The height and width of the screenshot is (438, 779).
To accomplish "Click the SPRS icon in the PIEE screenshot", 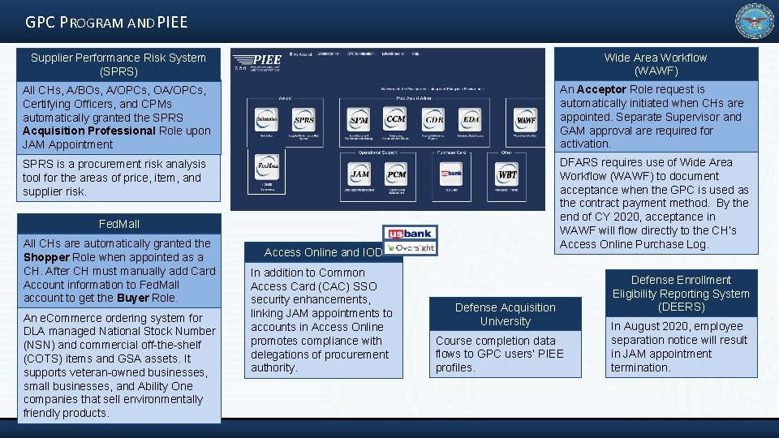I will [304, 119].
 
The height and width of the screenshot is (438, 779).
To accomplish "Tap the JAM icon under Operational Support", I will [359, 174].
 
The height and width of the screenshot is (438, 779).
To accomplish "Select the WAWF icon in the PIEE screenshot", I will [527, 120].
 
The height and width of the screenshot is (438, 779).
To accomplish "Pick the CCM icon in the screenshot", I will [396, 119].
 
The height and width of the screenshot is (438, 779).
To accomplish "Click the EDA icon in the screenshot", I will [471, 120].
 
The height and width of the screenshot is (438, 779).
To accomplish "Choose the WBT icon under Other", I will [507, 174].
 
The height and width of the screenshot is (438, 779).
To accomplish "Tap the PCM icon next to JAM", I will [396, 174].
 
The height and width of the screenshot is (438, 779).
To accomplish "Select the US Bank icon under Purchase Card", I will [451, 174].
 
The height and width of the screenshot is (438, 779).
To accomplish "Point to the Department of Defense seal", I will [755, 22].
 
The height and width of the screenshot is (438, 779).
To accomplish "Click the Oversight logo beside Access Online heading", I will [415, 247].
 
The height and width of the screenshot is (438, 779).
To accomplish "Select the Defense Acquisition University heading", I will [505, 315].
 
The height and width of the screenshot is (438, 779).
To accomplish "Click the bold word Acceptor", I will [602, 89].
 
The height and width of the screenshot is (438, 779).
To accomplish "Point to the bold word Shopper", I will [48, 257].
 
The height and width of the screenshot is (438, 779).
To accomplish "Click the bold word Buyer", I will [132, 298].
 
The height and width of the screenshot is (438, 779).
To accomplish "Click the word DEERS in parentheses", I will [681, 307].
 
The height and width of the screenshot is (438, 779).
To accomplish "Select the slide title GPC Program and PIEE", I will [106, 22].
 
